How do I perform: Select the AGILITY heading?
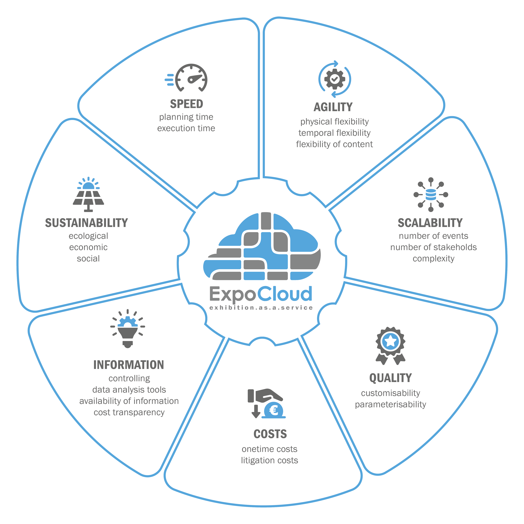(x=333, y=107)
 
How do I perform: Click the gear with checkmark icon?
(x=335, y=79)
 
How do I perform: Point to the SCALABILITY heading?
(x=430, y=223)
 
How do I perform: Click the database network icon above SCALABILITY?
(x=431, y=194)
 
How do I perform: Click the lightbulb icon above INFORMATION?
(x=128, y=328)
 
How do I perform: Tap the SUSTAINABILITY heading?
(x=87, y=223)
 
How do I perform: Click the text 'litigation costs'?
(x=270, y=460)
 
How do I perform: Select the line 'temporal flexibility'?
(x=334, y=133)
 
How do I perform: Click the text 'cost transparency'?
(x=129, y=412)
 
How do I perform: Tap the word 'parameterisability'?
(x=391, y=404)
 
